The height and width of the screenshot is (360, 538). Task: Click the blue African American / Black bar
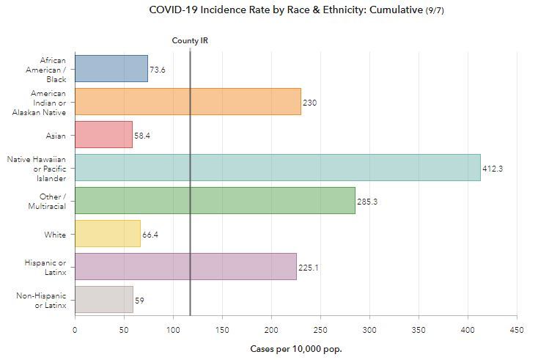tap(111, 68)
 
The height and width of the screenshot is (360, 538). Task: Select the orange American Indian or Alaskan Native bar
tap(188, 102)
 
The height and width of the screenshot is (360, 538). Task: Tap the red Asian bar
tap(103, 135)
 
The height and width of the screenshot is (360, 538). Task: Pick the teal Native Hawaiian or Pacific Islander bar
tap(277, 168)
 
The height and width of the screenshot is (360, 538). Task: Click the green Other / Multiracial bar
tap(215, 201)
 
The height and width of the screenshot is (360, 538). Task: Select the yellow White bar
tap(107, 234)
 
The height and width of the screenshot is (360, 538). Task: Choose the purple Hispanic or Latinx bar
tap(185, 267)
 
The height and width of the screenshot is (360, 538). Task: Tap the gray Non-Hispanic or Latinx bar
tap(103, 300)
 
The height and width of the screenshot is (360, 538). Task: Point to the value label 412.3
tap(493, 169)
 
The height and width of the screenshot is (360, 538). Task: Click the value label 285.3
tap(367, 202)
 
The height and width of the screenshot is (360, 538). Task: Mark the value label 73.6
tap(158, 70)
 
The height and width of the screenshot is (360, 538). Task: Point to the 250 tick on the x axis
tap(320, 330)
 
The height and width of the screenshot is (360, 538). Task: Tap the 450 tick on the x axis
tap(517, 330)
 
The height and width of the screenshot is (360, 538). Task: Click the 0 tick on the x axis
tap(75, 330)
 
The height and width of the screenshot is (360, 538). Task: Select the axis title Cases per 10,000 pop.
tap(295, 349)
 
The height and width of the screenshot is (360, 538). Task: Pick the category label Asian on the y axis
tap(56, 136)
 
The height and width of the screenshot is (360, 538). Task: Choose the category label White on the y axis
tap(55, 235)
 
